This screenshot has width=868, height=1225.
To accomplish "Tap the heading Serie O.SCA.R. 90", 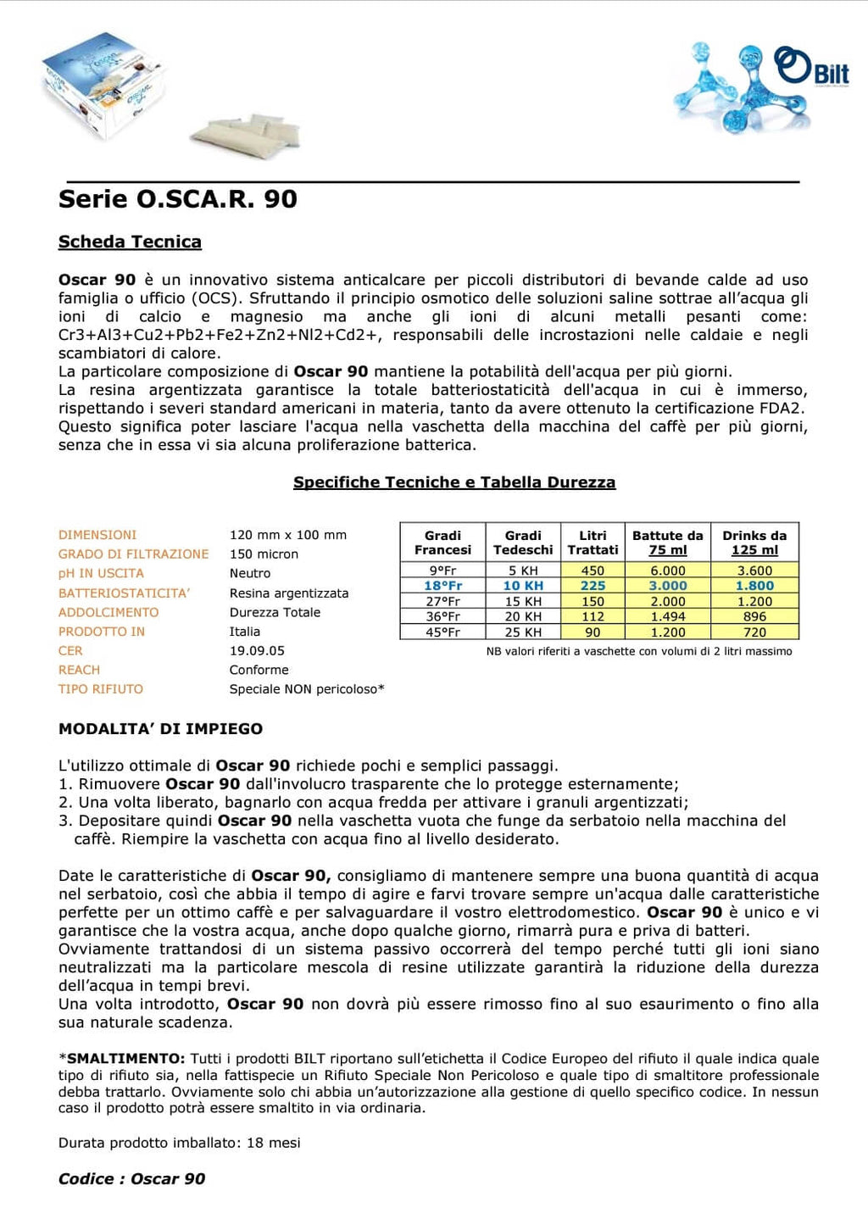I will tap(178, 199).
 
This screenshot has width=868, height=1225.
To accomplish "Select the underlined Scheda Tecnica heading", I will tap(130, 242).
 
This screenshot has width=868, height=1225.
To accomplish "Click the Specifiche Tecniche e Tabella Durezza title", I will tap(454, 482).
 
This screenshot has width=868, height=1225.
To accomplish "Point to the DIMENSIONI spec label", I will tap(97, 535).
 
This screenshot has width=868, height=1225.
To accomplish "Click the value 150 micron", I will tap(264, 554).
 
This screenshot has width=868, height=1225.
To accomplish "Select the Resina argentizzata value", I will tap(289, 593).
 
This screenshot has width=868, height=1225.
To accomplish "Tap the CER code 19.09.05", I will tap(257, 651).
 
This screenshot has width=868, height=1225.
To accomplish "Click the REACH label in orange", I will tap(79, 670).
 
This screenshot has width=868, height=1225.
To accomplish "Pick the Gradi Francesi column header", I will tap(442, 543).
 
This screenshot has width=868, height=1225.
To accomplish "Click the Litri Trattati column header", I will tap(593, 543).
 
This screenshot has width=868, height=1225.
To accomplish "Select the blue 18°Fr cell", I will tap(442, 586).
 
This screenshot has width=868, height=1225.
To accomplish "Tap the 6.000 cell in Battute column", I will tap(667, 571).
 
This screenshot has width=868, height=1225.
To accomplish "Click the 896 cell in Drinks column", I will tap(754, 617).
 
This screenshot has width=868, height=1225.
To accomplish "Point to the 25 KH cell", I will tap(523, 632).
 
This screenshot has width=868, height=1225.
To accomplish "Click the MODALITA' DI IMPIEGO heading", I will tap(160, 729).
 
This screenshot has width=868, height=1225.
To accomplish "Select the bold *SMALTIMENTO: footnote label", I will tap(121, 1059).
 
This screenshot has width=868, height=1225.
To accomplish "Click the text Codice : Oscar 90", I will tap(131, 1178).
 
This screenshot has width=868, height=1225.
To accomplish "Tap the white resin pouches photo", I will tap(246, 131).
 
